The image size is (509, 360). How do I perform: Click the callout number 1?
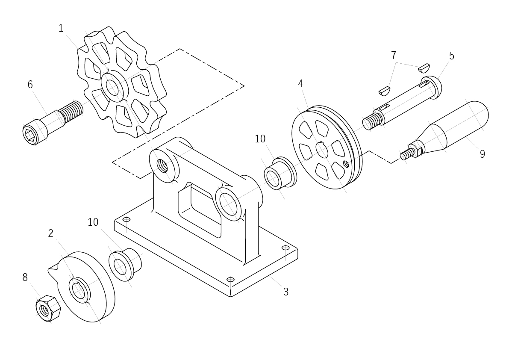61,28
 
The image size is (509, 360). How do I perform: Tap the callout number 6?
30,85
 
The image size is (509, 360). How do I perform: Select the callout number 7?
394,56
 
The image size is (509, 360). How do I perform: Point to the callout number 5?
452,56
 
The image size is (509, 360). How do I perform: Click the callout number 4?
300,84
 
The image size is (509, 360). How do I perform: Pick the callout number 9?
483,154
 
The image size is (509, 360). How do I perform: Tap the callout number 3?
285,292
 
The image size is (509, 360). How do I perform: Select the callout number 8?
25,277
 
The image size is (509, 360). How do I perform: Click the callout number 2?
50,233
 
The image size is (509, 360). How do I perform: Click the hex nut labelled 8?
48,308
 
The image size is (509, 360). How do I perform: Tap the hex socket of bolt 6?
30,134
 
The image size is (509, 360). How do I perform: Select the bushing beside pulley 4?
280,174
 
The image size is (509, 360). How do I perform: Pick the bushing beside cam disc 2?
125,265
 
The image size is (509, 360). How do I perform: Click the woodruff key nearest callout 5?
424,68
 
